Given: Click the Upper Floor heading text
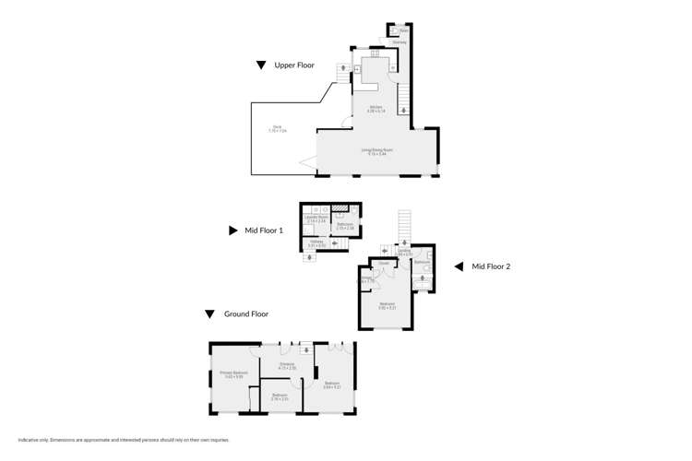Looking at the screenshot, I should pyautogui.click(x=294, y=65).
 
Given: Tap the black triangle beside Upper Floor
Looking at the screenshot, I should pyautogui.click(x=262, y=65).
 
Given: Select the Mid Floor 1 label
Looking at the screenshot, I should pyautogui.click(x=264, y=230).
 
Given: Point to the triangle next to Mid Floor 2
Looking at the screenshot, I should pyautogui.click(x=458, y=266).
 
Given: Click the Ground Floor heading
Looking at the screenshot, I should pyautogui.click(x=246, y=313).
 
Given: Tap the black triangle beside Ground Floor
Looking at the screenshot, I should pyautogui.click(x=210, y=313).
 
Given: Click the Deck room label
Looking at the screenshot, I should pyautogui.click(x=277, y=129).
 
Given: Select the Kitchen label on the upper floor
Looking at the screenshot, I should pyautogui.click(x=376, y=109).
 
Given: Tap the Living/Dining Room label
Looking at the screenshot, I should pyautogui.click(x=376, y=152).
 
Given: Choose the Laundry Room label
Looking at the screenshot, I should pyautogui.click(x=317, y=219).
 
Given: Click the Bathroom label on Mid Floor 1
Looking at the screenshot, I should pyautogui.click(x=345, y=225).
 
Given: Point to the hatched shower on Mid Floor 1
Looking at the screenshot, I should pyautogui.click(x=340, y=209).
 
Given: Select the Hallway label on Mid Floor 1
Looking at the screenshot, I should pyautogui.click(x=316, y=242).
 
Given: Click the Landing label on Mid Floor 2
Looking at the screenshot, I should pyautogui.click(x=404, y=251).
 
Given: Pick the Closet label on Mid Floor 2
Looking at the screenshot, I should pyautogui.click(x=383, y=264).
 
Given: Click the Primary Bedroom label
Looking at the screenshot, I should pyautogui.click(x=233, y=373).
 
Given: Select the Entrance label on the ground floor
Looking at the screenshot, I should pyautogui.click(x=287, y=366).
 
